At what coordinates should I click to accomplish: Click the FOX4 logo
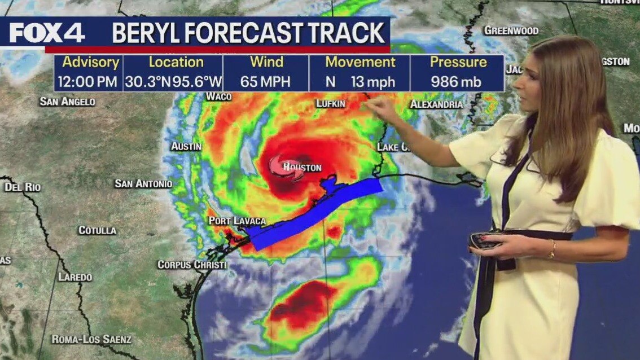(x=47, y=33)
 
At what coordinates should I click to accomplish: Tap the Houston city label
(x=303, y=168)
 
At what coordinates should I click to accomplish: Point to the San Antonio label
(x=143, y=183)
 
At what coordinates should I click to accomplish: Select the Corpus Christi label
(x=192, y=264)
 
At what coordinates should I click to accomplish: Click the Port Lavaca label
(x=236, y=221)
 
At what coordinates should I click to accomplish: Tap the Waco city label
(x=218, y=96)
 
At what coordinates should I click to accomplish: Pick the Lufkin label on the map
(x=330, y=104)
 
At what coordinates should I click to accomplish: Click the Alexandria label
(x=436, y=104)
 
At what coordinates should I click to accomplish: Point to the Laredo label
(x=75, y=277)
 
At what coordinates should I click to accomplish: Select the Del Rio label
(x=23, y=187)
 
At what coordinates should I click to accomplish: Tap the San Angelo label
(x=67, y=102)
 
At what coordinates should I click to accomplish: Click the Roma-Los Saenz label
(x=91, y=339)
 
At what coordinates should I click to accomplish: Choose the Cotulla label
(x=97, y=230)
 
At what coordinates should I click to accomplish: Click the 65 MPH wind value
(x=265, y=81)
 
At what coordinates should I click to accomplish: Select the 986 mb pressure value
(x=456, y=81)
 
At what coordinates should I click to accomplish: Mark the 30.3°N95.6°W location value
(x=173, y=81)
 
